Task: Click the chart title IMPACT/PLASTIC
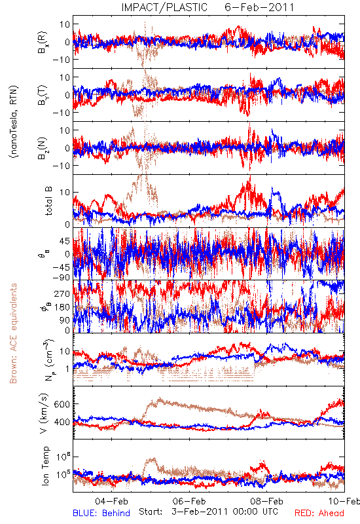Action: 164,7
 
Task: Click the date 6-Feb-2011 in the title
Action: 259,7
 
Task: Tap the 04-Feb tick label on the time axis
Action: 111,501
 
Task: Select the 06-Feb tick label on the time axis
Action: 189,501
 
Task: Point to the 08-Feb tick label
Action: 266,501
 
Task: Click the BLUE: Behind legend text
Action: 101,513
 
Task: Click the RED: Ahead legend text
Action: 319,513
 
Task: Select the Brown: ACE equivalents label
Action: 13,333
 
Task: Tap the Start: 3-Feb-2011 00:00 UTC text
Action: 208,512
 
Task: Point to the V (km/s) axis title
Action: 44,413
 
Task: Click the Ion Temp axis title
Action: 45,466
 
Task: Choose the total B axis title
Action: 48,201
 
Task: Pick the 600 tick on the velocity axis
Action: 62,404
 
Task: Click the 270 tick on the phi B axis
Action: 62,293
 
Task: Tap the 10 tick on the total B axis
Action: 65,193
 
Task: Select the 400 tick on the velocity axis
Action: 62,422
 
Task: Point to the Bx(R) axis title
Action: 43,42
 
